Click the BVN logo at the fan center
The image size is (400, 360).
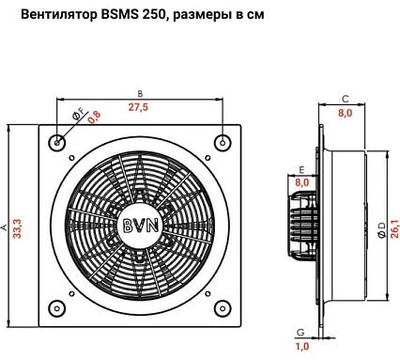[141, 225]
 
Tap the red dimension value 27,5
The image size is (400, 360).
[138, 107]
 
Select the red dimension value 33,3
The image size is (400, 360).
[17, 228]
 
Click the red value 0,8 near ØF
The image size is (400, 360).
[95, 117]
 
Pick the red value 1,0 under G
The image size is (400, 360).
[302, 346]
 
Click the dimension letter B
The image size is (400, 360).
[140, 94]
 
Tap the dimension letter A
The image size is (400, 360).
[5, 227]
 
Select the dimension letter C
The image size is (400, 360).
[345, 100]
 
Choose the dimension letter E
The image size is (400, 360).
[301, 170]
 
